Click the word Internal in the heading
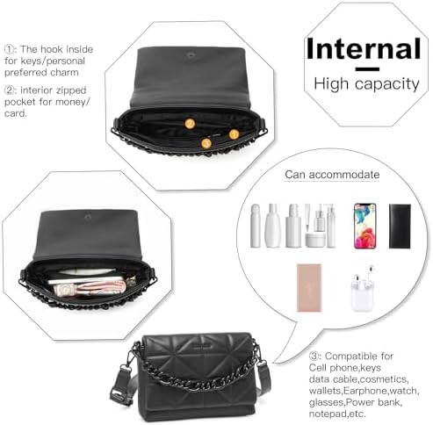point(364,49)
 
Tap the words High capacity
point(366,84)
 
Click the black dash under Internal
point(367,69)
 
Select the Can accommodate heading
point(332,175)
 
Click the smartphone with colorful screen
point(364,226)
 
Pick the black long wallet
point(400,226)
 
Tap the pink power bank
point(309,288)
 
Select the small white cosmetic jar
point(314,240)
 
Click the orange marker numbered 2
point(190,124)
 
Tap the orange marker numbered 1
point(234,134)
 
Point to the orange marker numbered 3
point(206,143)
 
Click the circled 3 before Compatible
point(314,357)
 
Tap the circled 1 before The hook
point(10,49)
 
